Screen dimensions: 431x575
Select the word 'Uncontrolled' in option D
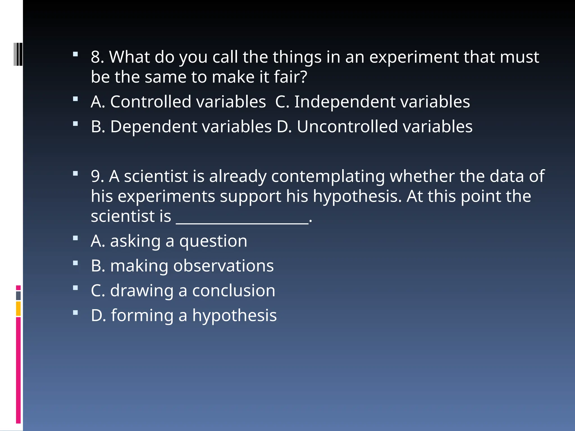tap(347, 127)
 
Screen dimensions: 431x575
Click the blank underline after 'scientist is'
tap(242, 222)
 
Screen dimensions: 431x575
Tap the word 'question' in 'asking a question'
tap(213, 242)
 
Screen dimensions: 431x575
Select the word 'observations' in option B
tap(223, 266)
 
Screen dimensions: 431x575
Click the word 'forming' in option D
tap(142, 316)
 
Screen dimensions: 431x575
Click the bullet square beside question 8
tap(75, 54)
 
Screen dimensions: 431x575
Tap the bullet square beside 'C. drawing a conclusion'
tap(75, 288)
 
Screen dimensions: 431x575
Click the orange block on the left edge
tap(18, 309)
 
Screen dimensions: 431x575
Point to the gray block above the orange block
tap(18, 296)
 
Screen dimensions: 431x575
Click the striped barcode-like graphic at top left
tap(18, 54)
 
